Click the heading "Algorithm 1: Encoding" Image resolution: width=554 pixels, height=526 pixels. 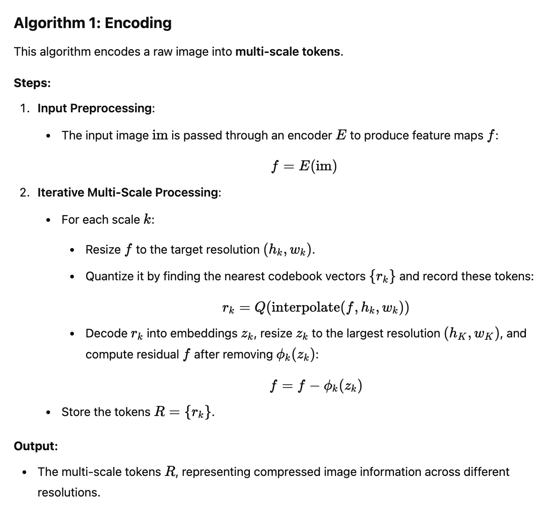pos(93,23)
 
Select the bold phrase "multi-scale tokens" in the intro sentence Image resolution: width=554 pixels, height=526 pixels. pos(288,51)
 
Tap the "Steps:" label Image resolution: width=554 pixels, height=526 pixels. pos(32,83)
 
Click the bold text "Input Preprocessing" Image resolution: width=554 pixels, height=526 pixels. pos(95,109)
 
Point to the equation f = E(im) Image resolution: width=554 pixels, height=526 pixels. pos(304,166)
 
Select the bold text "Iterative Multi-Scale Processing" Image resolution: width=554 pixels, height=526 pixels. pos(128,192)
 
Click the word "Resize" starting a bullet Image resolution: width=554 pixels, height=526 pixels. pos(103,250)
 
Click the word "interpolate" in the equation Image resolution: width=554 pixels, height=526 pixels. pos(305,307)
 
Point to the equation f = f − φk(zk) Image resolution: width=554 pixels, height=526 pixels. pos(316,386)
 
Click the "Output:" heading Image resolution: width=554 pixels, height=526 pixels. pos(36,446)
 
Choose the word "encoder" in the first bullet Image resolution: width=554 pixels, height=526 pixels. pos(310,136)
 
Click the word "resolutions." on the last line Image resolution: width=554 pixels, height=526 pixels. pos(69,493)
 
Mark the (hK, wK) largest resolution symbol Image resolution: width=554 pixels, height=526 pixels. pos(472,334)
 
